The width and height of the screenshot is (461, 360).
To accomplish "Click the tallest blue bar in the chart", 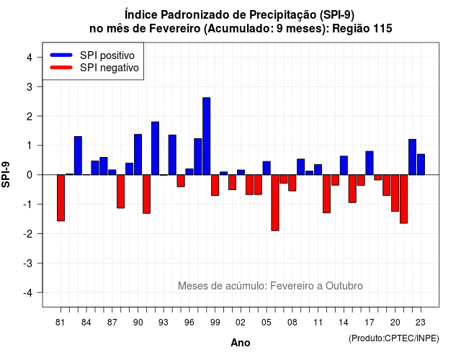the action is (x=207, y=136).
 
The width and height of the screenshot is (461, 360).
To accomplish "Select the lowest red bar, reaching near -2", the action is (x=275, y=203).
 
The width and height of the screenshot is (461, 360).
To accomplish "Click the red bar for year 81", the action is (x=61, y=198).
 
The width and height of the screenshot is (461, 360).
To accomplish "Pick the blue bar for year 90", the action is (x=138, y=155).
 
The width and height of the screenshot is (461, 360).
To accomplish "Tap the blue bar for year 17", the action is (x=370, y=163).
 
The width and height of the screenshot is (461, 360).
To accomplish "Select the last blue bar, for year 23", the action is (x=421, y=165).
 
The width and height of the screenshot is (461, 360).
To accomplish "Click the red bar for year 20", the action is (x=395, y=193).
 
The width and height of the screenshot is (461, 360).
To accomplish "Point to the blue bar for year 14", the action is (x=344, y=166).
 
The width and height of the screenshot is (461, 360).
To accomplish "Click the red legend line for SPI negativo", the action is (x=61, y=68).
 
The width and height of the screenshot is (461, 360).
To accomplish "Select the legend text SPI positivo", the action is (x=107, y=55).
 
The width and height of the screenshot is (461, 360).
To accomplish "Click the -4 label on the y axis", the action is (x=29, y=293).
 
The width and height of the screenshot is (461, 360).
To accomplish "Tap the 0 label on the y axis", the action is (x=29, y=175).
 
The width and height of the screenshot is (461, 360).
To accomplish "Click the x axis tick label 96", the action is (x=189, y=323).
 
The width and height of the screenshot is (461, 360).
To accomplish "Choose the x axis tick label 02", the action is (x=241, y=323).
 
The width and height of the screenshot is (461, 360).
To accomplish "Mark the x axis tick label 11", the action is (x=318, y=323).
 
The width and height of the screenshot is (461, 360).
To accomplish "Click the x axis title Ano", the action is (x=241, y=343).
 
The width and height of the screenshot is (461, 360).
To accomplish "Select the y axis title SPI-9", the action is (x=6, y=174).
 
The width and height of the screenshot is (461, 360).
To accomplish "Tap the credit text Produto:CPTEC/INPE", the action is (x=394, y=338).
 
